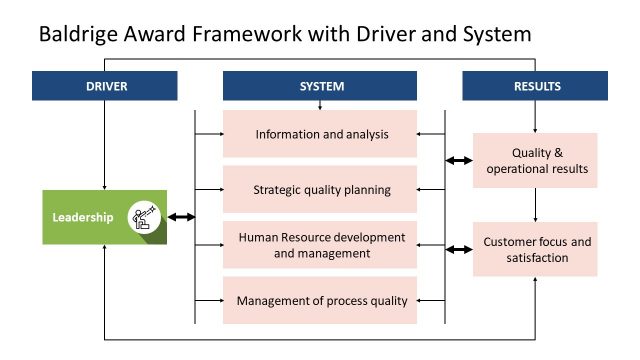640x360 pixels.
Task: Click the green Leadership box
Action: [104, 216]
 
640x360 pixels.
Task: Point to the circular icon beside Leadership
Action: [144, 216]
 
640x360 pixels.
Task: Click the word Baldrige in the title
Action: [79, 35]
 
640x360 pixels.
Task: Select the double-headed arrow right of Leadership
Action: [181, 216]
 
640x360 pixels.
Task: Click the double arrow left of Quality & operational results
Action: [459, 160]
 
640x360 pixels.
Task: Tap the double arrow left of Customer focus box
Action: [459, 249]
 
